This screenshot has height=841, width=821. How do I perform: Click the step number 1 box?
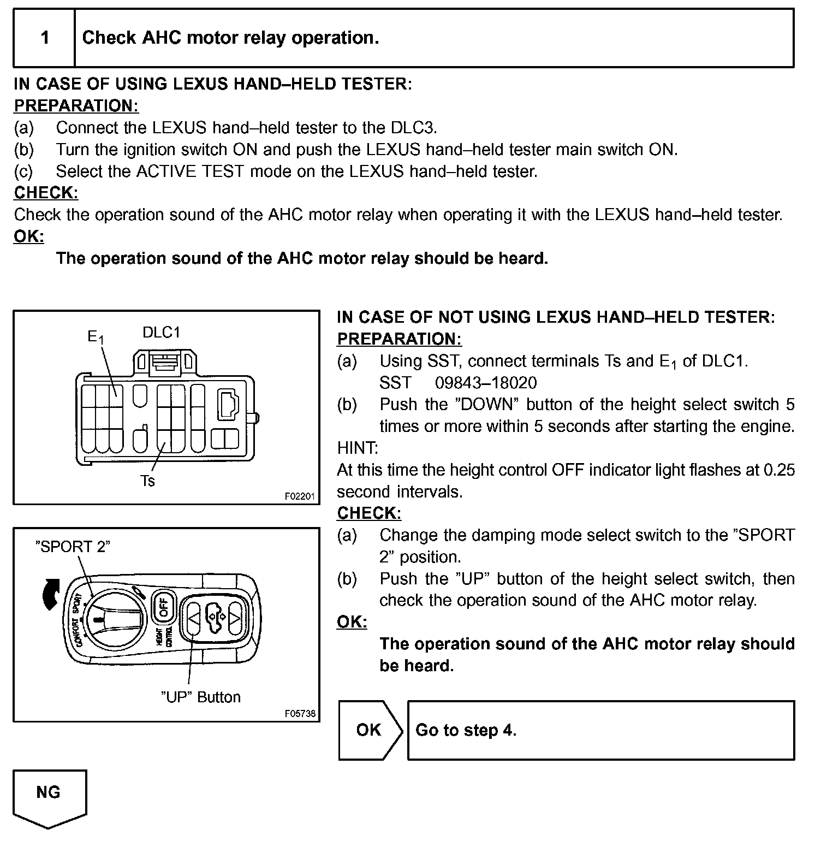(45, 38)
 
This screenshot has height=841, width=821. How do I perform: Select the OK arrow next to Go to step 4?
(370, 730)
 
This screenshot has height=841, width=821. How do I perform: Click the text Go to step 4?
(466, 730)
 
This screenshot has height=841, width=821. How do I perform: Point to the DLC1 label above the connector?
(161, 332)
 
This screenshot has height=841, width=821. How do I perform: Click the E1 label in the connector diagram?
(96, 337)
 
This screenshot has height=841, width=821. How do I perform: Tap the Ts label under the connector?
(147, 481)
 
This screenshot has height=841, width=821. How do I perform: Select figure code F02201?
(300, 496)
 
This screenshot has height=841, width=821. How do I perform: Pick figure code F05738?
(300, 714)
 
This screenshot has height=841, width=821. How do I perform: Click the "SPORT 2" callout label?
(73, 547)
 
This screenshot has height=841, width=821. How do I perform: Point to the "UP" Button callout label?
(201, 697)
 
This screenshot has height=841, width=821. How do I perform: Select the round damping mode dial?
(116, 619)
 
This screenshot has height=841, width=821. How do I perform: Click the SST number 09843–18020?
(486, 383)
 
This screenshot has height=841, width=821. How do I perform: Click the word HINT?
(358, 448)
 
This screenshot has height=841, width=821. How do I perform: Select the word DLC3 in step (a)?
(413, 128)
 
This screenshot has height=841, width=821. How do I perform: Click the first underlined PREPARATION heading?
(76, 105)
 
